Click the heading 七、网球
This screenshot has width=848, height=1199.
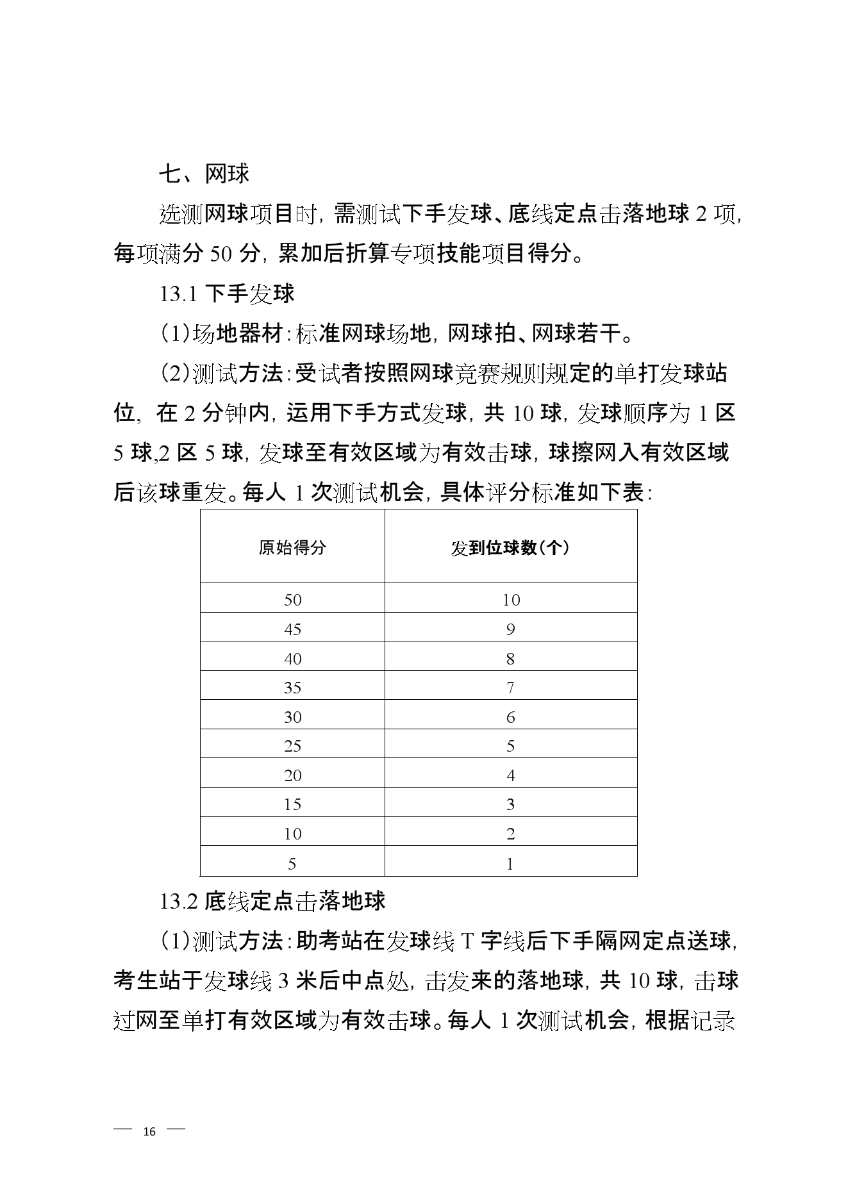coord(204,174)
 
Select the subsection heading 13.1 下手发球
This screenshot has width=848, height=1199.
coord(227,294)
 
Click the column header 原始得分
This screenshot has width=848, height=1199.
coord(292,548)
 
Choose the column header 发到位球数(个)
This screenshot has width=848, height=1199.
coord(510,548)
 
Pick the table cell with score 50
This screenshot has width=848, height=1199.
coord(292,600)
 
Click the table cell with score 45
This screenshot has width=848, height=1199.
coord(292,629)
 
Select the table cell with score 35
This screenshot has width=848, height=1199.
coord(292,688)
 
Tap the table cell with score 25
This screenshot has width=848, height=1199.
coord(292,746)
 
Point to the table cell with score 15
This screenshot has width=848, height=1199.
coord(292,804)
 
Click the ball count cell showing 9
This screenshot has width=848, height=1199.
coord(510,629)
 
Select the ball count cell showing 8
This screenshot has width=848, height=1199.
coord(510,658)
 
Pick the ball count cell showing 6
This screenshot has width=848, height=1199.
coord(510,716)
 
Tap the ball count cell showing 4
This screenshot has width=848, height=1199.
coord(510,775)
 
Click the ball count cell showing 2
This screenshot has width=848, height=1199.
coord(510,834)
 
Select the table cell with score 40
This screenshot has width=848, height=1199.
coord(292,658)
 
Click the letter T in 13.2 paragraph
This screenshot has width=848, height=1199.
coord(467,941)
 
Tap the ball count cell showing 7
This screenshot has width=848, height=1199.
coord(510,688)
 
